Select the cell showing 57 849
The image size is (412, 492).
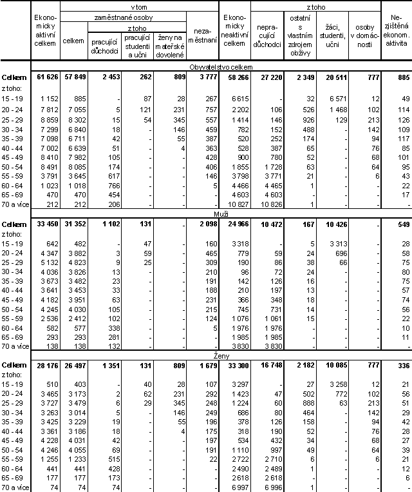[74, 77]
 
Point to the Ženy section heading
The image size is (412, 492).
[220, 355]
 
